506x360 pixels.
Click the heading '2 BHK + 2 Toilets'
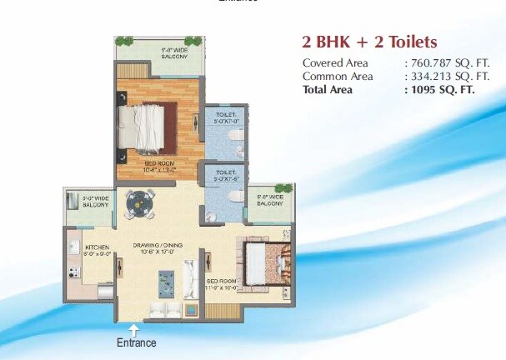click(368, 42)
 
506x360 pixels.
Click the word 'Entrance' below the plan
click(136, 342)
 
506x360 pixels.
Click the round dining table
click(139, 202)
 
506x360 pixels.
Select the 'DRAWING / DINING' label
click(158, 245)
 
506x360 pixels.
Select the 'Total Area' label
click(328, 89)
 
